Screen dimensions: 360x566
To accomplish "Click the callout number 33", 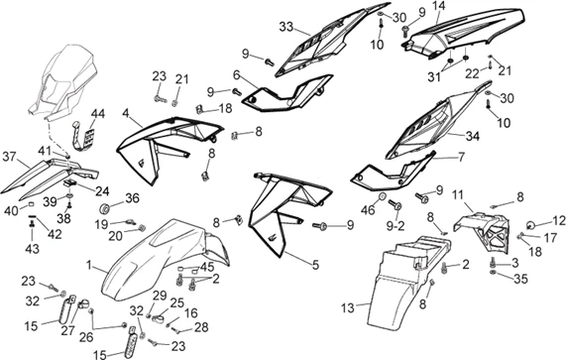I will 285,26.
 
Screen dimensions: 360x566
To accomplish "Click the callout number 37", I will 9,157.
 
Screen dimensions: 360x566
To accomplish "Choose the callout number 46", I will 368,209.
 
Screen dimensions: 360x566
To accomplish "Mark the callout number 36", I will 132,197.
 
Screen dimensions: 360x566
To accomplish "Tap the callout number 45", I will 207,266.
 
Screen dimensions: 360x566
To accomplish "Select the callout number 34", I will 499,136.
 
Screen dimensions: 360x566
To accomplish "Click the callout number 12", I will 560,220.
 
